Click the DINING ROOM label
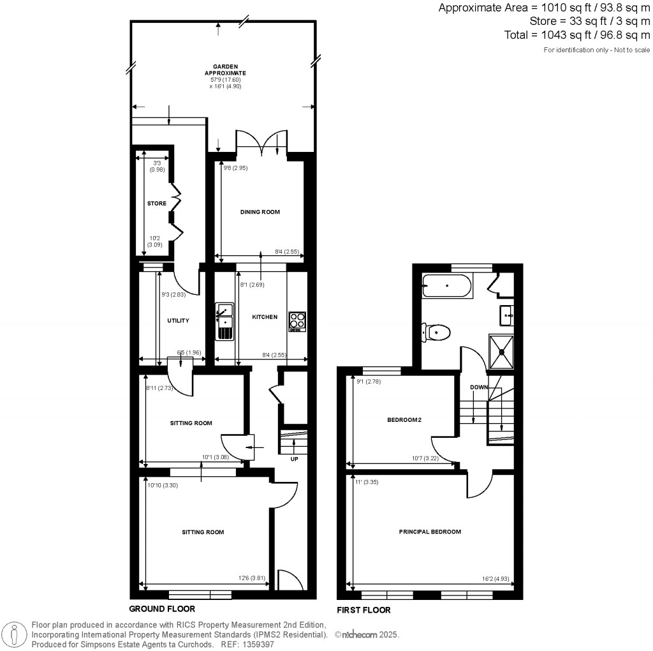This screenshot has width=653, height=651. (260, 212)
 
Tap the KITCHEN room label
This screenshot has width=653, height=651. (265, 317)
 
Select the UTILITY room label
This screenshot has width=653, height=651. (178, 320)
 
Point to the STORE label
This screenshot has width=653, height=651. (156, 204)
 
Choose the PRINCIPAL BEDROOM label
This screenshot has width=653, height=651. (430, 532)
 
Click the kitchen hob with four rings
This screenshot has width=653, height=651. (297, 321)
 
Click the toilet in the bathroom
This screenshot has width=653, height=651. (436, 332)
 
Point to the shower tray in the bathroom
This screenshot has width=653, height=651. (503, 351)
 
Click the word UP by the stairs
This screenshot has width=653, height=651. (294, 458)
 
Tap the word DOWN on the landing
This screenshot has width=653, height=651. (479, 387)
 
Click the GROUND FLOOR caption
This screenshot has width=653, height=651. (162, 609)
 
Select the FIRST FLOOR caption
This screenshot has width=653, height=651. (363, 610)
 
